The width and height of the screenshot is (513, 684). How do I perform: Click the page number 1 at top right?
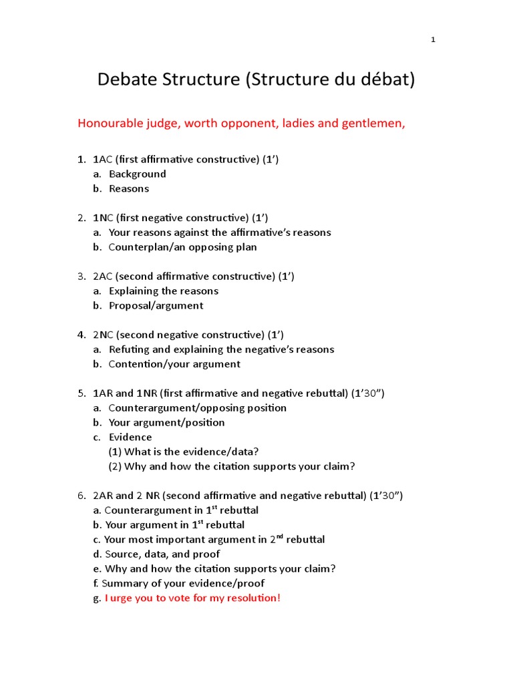433,40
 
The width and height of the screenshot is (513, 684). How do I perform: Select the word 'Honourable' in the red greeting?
109,124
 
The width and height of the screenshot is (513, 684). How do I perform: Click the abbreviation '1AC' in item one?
104,159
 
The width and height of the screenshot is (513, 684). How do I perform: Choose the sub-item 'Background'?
137,174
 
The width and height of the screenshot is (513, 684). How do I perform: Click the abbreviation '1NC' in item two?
104,218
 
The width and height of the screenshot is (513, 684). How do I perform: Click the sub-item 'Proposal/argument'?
156,306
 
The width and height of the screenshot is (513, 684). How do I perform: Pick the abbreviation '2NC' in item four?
104,335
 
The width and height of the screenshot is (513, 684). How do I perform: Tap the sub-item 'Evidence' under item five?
130,438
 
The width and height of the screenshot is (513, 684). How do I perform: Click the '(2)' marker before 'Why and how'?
115,466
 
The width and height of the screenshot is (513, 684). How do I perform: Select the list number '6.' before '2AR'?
81,496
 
